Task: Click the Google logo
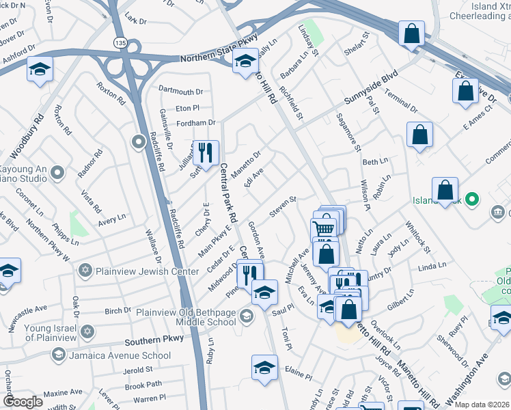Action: pos(23,402)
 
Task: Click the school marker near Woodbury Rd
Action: pos(40,70)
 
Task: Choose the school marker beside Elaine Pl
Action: pos(264,368)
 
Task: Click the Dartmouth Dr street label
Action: pos(181,91)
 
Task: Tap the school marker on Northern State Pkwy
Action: pos(245,62)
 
